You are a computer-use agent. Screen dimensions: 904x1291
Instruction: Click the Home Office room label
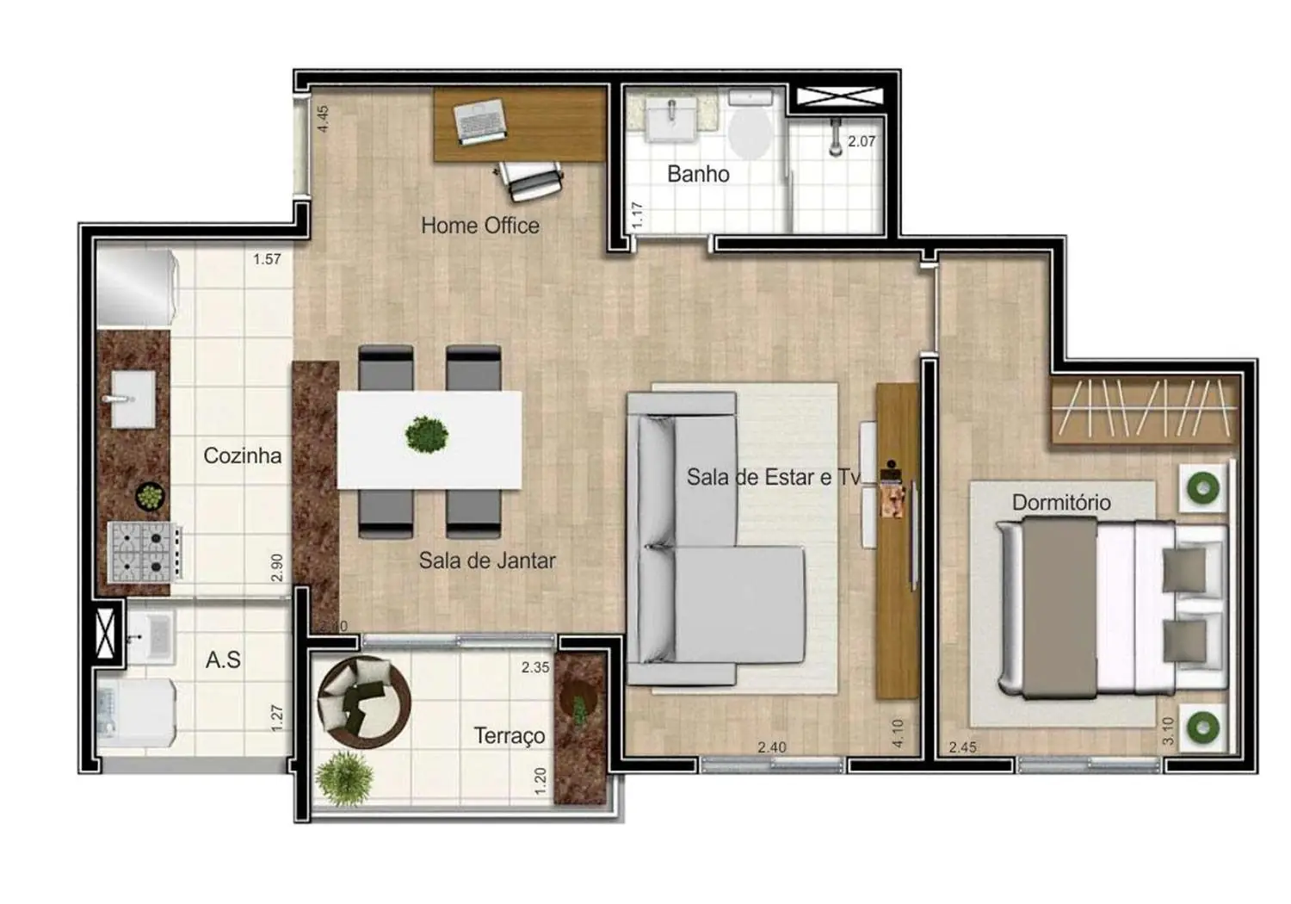point(480,226)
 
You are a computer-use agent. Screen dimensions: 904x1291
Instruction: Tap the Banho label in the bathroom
point(698,174)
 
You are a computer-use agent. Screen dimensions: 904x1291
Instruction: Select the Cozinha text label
point(242,455)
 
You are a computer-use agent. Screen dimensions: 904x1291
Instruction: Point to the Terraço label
point(509,736)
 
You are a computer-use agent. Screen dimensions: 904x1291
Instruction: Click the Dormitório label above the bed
point(1061,502)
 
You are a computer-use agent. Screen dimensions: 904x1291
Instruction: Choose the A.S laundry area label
point(223,660)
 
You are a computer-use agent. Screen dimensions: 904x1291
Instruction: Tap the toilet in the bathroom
point(751,129)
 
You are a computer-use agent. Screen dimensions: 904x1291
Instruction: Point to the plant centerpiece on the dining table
point(427,435)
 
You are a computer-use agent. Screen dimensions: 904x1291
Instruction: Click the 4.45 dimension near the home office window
point(323,118)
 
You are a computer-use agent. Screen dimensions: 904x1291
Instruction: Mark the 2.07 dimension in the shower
point(861,141)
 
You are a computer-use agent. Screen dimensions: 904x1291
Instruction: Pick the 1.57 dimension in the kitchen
point(267,259)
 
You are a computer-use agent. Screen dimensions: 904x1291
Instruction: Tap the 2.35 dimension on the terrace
point(534,667)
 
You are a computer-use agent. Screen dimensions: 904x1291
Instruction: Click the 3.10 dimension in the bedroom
point(1167,731)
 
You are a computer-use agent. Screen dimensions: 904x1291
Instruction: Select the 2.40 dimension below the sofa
point(771,747)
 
